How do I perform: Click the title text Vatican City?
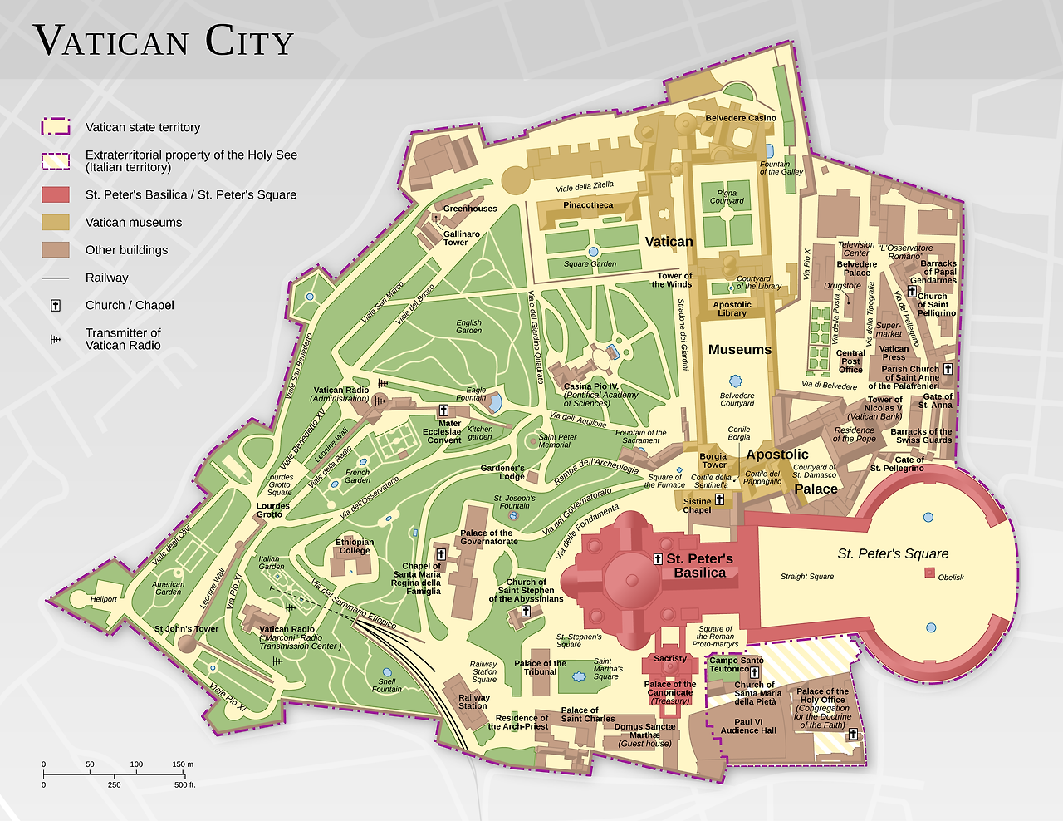pyautogui.click(x=164, y=42)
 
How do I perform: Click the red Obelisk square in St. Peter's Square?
pyautogui.click(x=929, y=573)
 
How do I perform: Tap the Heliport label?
pyautogui.click(x=104, y=599)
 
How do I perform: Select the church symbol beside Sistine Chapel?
pyautogui.click(x=719, y=499)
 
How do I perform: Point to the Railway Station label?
pyautogui.click(x=473, y=702)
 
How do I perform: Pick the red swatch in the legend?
pyautogui.click(x=56, y=194)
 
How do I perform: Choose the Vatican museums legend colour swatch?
pyautogui.click(x=56, y=222)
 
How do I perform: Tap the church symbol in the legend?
pyautogui.click(x=56, y=305)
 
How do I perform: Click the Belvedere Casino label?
pyautogui.click(x=741, y=118)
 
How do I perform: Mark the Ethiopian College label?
pyautogui.click(x=355, y=546)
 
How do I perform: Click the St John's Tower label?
pyautogui.click(x=186, y=629)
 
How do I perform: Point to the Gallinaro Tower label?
pyautogui.click(x=461, y=238)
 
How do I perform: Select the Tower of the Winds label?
pyautogui.click(x=674, y=280)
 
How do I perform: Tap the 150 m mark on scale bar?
pyautogui.click(x=183, y=764)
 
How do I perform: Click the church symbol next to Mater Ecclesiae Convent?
pyautogui.click(x=443, y=410)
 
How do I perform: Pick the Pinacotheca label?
pyautogui.click(x=588, y=205)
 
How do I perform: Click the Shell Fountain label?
pyautogui.click(x=387, y=685)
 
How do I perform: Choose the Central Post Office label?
pyautogui.click(x=850, y=361)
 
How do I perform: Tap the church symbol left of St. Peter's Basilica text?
pyautogui.click(x=659, y=559)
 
